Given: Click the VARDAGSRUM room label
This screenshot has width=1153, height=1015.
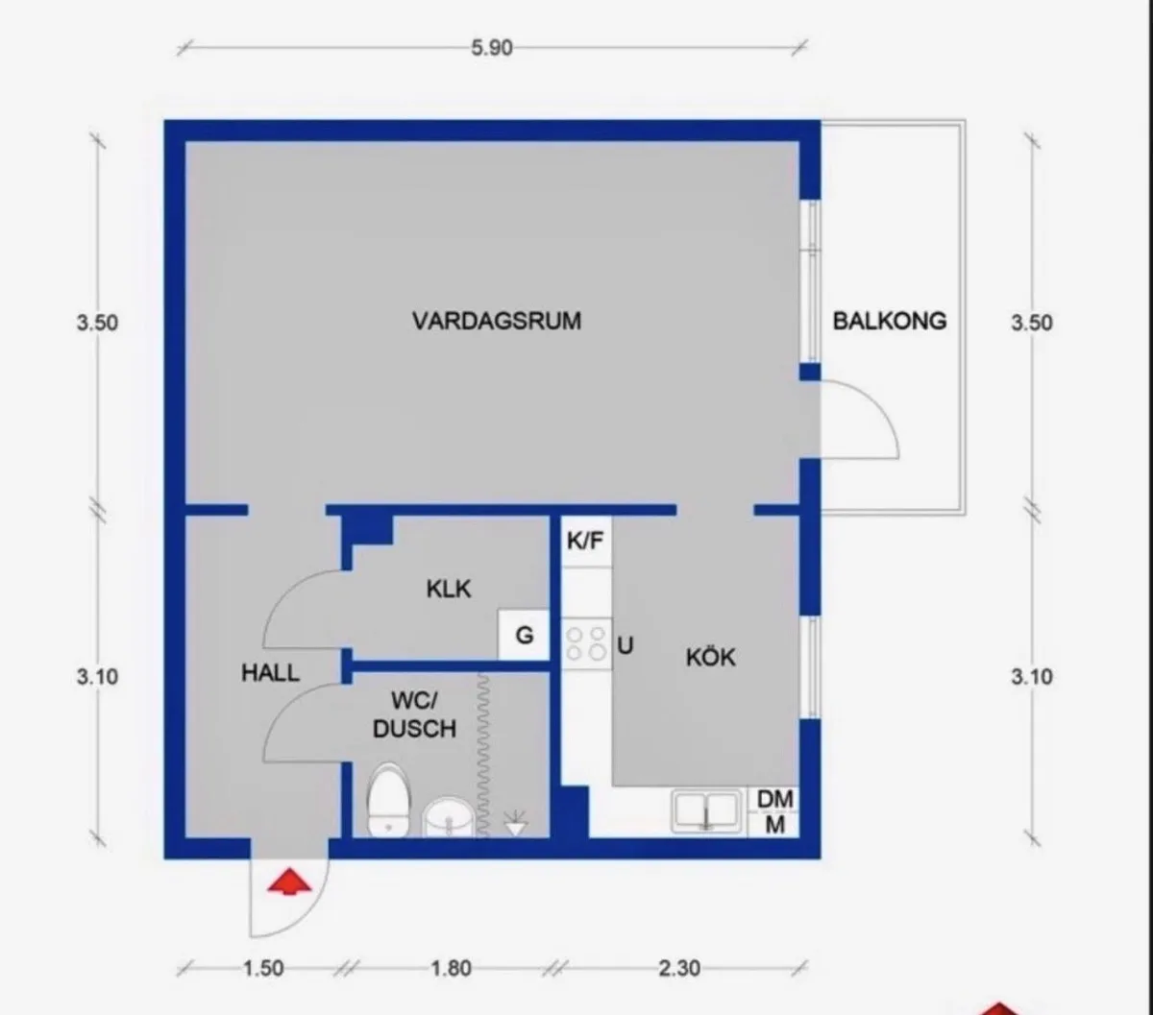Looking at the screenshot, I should click(497, 320).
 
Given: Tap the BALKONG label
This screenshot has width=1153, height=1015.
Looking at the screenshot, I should click(889, 321).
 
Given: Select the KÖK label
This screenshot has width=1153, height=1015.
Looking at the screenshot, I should click(711, 658).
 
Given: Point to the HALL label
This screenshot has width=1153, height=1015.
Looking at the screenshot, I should click(270, 673).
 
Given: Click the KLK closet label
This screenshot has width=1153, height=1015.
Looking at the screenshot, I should click(449, 588).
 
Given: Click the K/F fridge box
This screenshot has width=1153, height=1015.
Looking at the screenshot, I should click(585, 541).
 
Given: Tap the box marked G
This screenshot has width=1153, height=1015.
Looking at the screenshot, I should click(524, 635).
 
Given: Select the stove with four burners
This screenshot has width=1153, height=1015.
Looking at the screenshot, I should click(586, 642).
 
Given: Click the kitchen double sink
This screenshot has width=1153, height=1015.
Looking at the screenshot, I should click(708, 809).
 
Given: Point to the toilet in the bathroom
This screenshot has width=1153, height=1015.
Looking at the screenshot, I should click(389, 798).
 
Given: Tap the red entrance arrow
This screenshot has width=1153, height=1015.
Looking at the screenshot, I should click(289, 882).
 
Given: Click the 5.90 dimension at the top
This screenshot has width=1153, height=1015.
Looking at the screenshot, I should click(491, 48).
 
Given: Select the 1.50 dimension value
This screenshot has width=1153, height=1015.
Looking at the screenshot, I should click(261, 968).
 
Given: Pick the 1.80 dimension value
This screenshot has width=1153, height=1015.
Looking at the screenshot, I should click(449, 968).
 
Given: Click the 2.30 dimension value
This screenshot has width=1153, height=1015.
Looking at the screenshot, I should click(678, 968).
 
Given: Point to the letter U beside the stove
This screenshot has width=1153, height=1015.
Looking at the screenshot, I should click(626, 645).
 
